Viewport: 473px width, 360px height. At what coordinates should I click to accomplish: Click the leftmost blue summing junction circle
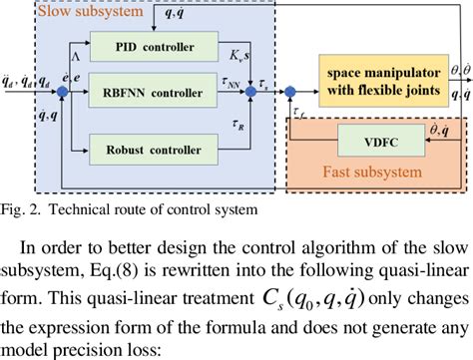tap(63, 94)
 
